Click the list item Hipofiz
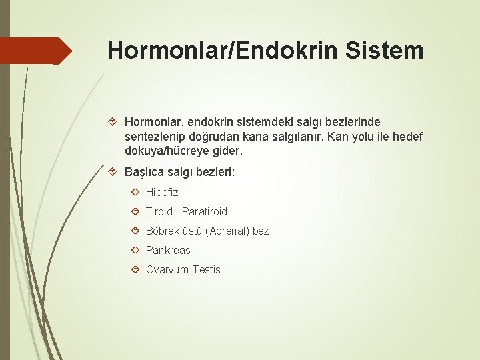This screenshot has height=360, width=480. tap(162, 192)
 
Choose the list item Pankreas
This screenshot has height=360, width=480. tap(168, 250)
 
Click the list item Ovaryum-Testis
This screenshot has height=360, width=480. tap(183, 269)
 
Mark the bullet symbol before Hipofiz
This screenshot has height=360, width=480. tap(135, 192)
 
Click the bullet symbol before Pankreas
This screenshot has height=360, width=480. tap(135, 250)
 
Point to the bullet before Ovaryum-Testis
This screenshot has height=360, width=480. tap(135, 269)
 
